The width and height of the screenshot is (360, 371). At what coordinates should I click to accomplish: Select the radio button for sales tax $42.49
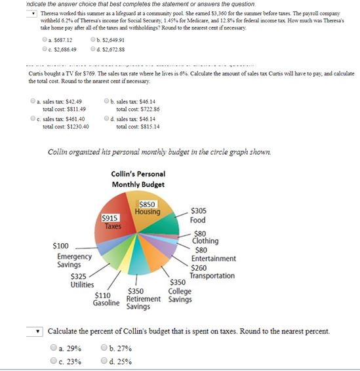pyautogui.click(x=33, y=101)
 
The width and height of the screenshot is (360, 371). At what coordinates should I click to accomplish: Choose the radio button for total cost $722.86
pyautogui.click(x=107, y=101)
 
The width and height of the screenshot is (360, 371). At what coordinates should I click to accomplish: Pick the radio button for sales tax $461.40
pyautogui.click(x=33, y=119)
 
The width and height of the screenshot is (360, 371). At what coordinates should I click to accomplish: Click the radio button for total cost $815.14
pyautogui.click(x=107, y=119)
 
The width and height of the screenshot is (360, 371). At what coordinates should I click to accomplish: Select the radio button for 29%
pyautogui.click(x=53, y=348)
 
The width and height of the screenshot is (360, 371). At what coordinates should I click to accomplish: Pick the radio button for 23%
pyautogui.click(x=53, y=360)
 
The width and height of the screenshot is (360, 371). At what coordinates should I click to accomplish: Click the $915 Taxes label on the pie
pyautogui.click(x=110, y=222)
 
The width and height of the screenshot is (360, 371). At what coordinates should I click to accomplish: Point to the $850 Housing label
pyautogui.click(x=147, y=208)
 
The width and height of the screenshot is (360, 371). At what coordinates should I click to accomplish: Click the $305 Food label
pyautogui.click(x=198, y=216)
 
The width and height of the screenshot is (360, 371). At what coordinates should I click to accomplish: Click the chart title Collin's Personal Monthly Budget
pyautogui.click(x=138, y=179)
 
